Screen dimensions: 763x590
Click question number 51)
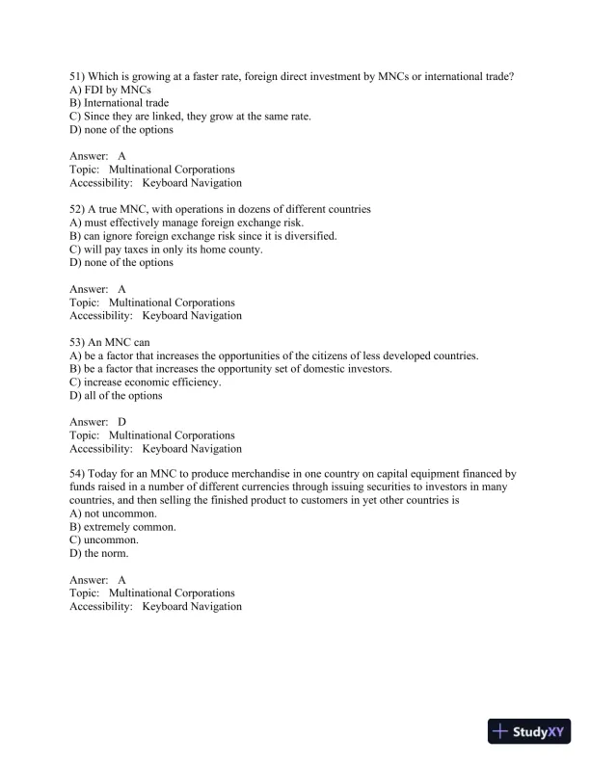[x=78, y=76]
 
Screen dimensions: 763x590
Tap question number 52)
[x=78, y=209]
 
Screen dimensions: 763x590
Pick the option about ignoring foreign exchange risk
[x=202, y=236]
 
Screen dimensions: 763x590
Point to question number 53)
[x=78, y=342]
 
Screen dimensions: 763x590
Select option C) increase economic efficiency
[x=146, y=382]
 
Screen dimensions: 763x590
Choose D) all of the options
[x=117, y=396]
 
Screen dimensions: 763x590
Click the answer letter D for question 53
[x=122, y=422]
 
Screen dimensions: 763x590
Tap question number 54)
[x=78, y=474]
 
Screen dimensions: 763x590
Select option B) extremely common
[x=122, y=528]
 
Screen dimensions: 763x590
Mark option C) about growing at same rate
[x=190, y=117]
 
